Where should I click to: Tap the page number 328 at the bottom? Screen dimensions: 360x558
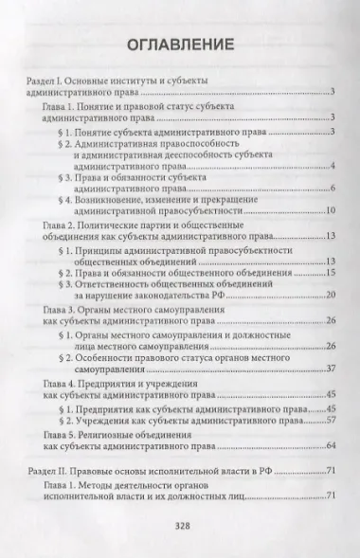pos(180,528)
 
